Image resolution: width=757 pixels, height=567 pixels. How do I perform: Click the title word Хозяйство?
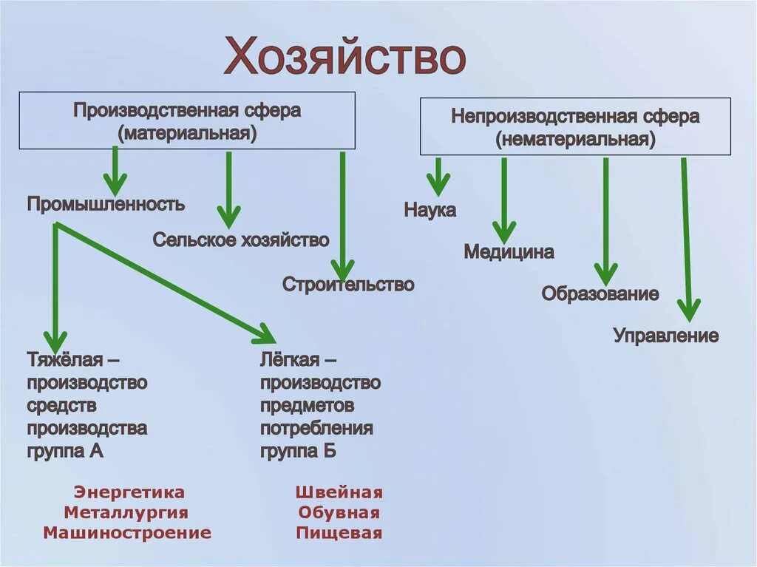click(x=345, y=57)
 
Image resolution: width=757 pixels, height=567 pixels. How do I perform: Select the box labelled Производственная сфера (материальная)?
click(x=187, y=121)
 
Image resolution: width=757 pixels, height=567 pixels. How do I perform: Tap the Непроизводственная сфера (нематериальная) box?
click(x=575, y=127)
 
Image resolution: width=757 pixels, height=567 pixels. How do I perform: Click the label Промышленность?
click(x=106, y=204)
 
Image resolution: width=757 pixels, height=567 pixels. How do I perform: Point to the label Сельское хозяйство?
click(x=241, y=240)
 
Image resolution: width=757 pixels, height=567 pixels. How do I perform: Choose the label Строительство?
click(x=348, y=284)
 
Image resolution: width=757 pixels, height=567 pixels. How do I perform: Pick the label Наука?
click(x=430, y=210)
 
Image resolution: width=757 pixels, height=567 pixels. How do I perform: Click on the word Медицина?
click(x=509, y=252)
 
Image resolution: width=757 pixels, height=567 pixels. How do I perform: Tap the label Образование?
click(x=600, y=293)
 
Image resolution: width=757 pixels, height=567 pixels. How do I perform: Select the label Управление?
click(x=665, y=336)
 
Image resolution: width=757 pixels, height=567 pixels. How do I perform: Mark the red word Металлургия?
click(x=126, y=512)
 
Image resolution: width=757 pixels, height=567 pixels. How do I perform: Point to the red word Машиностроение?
click(x=127, y=532)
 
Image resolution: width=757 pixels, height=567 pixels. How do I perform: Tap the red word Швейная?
click(x=339, y=492)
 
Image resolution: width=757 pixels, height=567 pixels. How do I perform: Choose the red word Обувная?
click(x=339, y=512)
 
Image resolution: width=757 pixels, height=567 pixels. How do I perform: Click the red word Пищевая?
click(x=339, y=532)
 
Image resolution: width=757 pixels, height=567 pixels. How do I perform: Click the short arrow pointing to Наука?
click(x=438, y=178)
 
